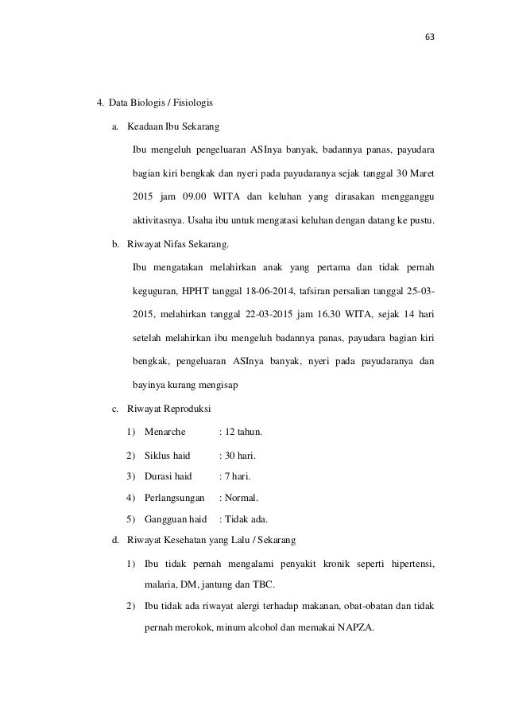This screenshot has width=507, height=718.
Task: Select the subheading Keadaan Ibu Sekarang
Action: (x=173, y=127)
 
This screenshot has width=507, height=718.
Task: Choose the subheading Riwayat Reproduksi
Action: (x=168, y=409)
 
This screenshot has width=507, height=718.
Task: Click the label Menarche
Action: (x=164, y=433)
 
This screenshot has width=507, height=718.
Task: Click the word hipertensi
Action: (x=408, y=564)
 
